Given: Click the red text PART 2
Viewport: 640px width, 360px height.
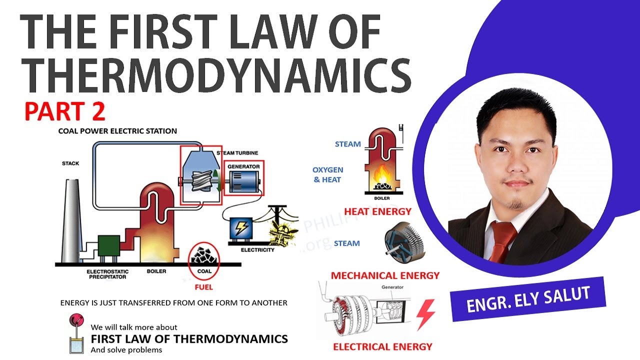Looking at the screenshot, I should (x=65, y=111).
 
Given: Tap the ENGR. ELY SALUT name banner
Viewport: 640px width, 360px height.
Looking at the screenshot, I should (x=528, y=299).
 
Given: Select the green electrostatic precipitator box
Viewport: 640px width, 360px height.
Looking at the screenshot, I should (x=108, y=246).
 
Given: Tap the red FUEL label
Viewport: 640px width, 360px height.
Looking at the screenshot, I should (x=203, y=287).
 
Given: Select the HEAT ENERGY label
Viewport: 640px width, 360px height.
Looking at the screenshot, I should (x=377, y=211).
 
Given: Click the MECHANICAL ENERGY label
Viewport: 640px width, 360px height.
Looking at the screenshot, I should (x=385, y=275).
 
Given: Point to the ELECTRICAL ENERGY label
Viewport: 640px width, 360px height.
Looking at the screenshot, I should (x=382, y=346).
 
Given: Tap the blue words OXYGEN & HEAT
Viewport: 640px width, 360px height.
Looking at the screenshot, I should (x=327, y=175).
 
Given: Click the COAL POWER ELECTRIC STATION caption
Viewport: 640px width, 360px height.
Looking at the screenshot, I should (x=117, y=131).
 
